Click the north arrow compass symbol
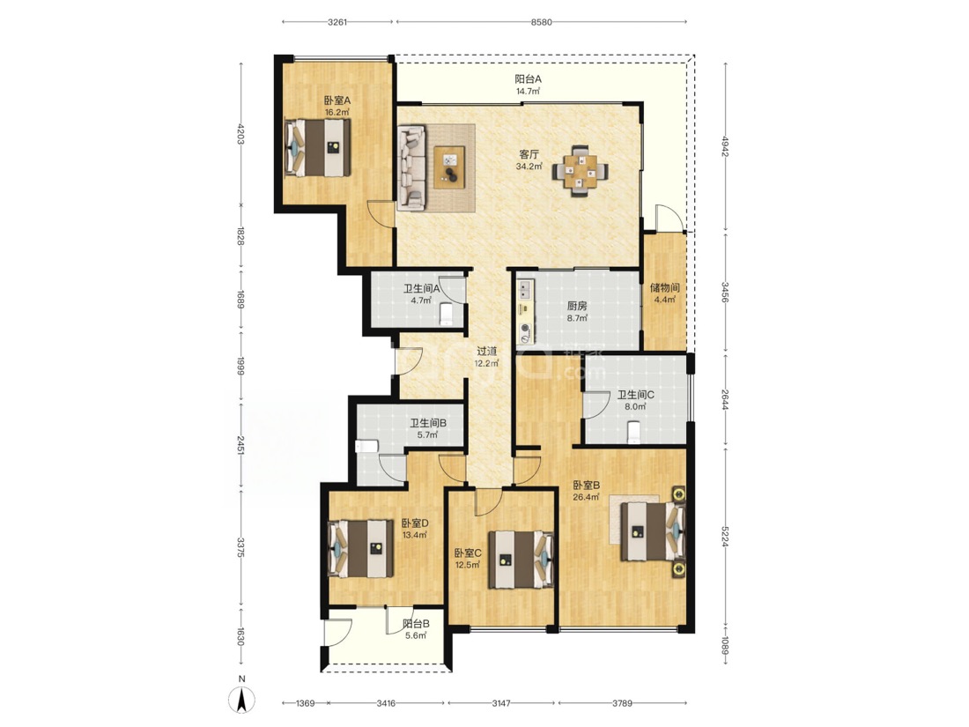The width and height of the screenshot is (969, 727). [x=241, y=700]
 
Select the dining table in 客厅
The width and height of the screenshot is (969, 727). [x=580, y=171]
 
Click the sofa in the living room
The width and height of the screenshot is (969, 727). [x=411, y=166]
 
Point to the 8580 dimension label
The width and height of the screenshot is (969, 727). [x=542, y=22]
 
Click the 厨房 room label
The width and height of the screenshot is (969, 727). [x=577, y=306]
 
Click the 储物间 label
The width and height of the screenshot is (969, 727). [x=665, y=287]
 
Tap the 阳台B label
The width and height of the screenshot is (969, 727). [x=416, y=624]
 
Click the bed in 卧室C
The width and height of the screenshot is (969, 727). [x=521, y=559]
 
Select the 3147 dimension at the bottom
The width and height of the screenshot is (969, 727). [x=501, y=703]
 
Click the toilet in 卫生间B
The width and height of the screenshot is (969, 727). [x=367, y=447]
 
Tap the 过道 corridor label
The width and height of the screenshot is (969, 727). [x=486, y=351]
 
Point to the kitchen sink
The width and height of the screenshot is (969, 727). [x=525, y=289]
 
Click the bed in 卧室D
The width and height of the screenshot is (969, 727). [x=360, y=548]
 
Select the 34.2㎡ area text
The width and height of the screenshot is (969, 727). [x=529, y=167]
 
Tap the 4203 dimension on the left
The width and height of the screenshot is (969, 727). [x=240, y=134]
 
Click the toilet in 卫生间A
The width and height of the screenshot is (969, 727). [x=447, y=314]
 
